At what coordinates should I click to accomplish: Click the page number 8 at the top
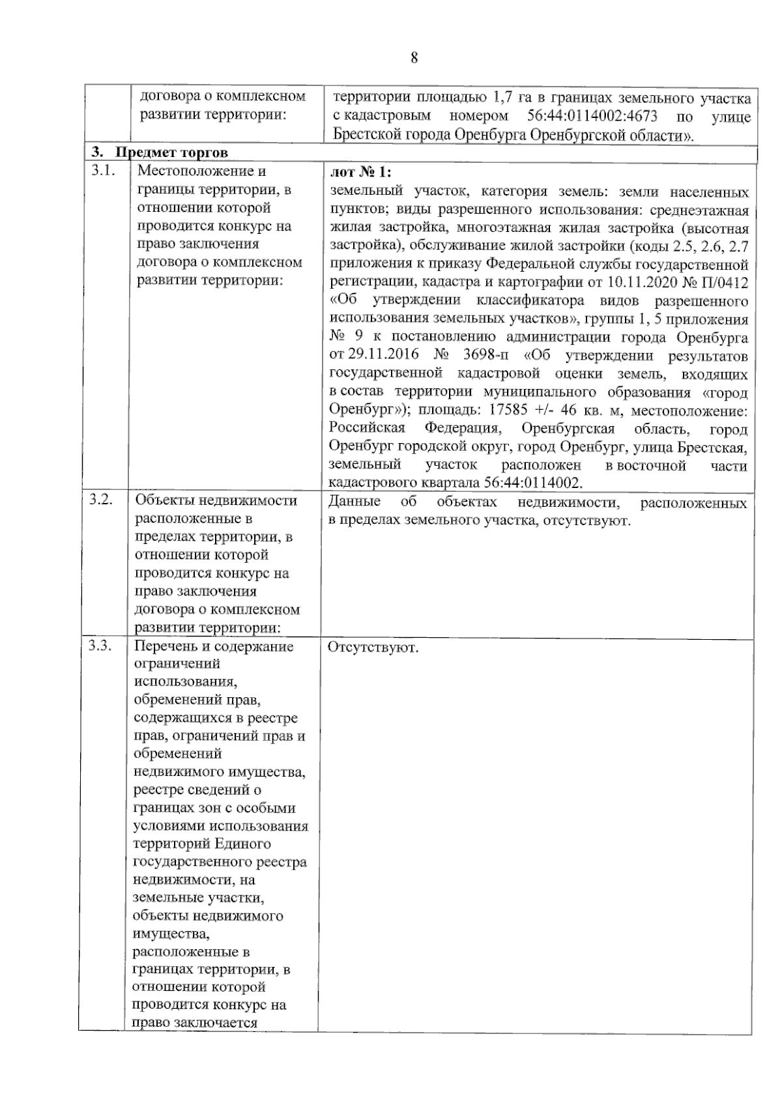(x=414, y=58)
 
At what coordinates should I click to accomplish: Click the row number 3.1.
(x=102, y=171)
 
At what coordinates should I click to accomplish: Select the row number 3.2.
(x=101, y=500)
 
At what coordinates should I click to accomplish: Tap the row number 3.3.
(x=101, y=646)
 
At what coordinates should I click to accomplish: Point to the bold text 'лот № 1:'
(x=360, y=172)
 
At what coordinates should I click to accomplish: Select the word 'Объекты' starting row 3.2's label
(x=160, y=500)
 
